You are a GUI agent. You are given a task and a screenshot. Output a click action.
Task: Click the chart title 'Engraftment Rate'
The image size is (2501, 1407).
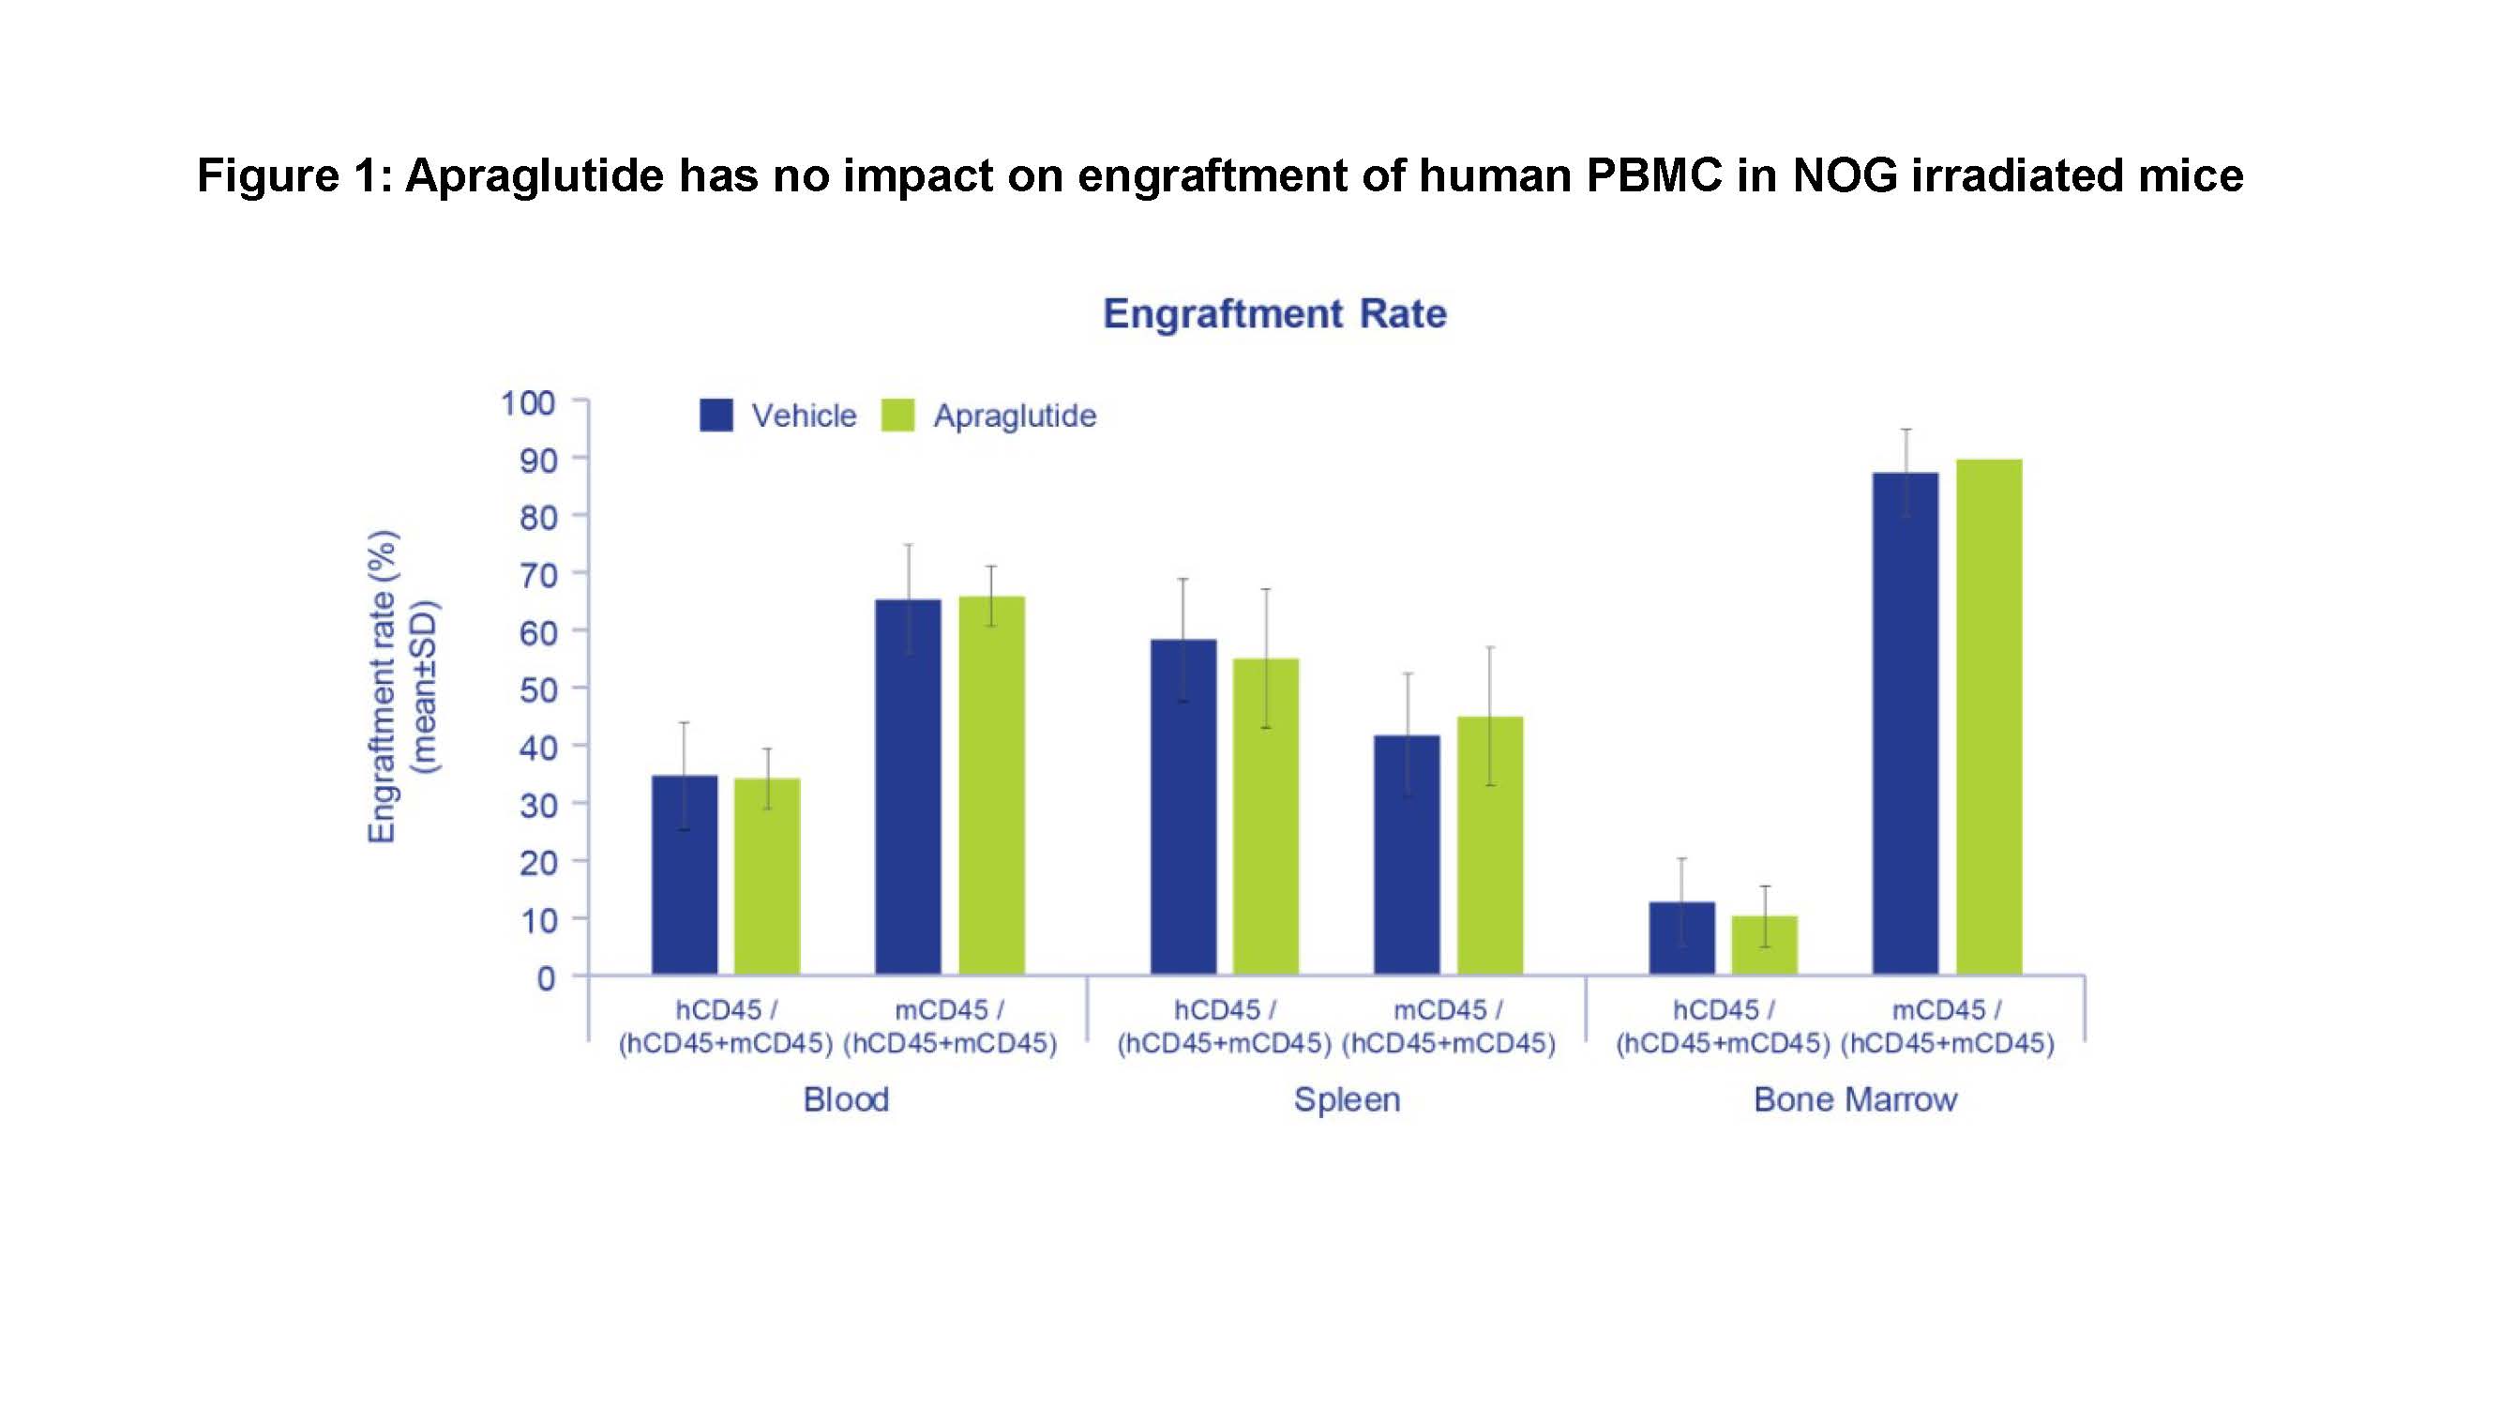point(1273,313)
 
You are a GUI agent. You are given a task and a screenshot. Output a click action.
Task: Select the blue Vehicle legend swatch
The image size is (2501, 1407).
point(716,416)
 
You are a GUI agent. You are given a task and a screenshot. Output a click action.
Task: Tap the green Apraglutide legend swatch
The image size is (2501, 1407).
point(898,416)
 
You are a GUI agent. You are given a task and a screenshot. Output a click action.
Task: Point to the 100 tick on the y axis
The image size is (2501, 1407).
point(528,402)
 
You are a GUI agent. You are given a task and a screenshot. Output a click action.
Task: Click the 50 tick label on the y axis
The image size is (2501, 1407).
point(538,689)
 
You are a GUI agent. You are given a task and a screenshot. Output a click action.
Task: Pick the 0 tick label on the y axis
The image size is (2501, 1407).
point(547,977)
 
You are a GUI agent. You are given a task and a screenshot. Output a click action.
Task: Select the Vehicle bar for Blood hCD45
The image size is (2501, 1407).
point(685,874)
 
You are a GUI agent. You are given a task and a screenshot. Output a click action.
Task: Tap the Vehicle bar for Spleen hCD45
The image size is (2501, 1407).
point(1183,806)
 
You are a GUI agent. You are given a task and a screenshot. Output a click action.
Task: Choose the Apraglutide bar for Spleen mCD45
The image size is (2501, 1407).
point(1490,845)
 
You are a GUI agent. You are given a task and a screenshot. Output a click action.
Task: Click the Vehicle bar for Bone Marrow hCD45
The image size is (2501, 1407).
point(1681,938)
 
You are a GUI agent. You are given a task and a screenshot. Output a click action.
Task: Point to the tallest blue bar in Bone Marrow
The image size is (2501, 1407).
point(1905,723)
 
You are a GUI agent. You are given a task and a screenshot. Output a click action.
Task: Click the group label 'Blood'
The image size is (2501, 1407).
point(846,1099)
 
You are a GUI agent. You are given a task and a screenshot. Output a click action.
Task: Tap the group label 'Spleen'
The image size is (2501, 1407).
point(1347,1099)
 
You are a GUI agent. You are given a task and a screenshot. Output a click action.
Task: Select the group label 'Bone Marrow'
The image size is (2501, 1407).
point(1854,1099)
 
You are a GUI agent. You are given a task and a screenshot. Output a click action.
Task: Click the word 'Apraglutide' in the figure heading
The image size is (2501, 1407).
point(534,175)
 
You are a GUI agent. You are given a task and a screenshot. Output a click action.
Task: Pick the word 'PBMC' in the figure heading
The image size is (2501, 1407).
point(1653,175)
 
